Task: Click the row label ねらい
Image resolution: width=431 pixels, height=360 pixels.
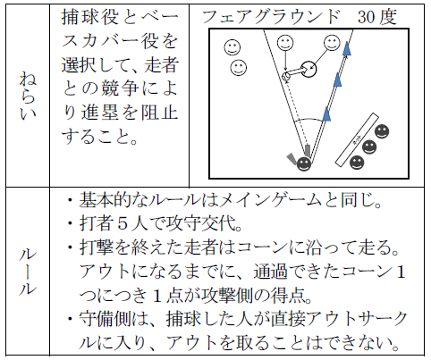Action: coord(28,96)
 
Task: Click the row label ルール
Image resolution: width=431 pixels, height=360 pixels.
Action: coord(28,272)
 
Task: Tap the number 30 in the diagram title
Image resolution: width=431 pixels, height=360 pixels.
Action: coord(367,17)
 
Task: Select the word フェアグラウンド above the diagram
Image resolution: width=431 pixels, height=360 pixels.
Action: coord(271,17)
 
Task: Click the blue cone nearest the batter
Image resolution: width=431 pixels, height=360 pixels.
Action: coord(326,114)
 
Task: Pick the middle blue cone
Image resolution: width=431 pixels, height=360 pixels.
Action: coord(337,80)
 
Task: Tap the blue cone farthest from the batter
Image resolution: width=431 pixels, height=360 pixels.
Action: coord(346,48)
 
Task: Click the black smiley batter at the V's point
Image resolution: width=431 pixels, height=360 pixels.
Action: coord(304,163)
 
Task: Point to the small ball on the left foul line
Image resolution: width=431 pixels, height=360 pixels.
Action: coord(286,76)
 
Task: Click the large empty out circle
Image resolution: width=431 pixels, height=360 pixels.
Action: coord(308,69)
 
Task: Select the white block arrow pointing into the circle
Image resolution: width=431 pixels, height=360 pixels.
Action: coord(298,71)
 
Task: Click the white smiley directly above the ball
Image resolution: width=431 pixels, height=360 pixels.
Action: coord(285,43)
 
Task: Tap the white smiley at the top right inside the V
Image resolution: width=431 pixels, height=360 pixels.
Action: coord(332,43)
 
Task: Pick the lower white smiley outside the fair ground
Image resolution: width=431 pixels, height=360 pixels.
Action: coord(239,67)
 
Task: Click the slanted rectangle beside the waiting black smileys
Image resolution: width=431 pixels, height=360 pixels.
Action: coord(357,139)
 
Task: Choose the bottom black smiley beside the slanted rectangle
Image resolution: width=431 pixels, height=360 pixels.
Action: coord(357,163)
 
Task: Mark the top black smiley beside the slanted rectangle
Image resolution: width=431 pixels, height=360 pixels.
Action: coord(382,131)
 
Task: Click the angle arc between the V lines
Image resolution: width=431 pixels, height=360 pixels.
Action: coord(308,119)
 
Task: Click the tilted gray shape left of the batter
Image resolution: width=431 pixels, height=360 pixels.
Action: coord(292,159)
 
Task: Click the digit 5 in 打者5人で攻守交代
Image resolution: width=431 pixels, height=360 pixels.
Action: coord(123,223)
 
